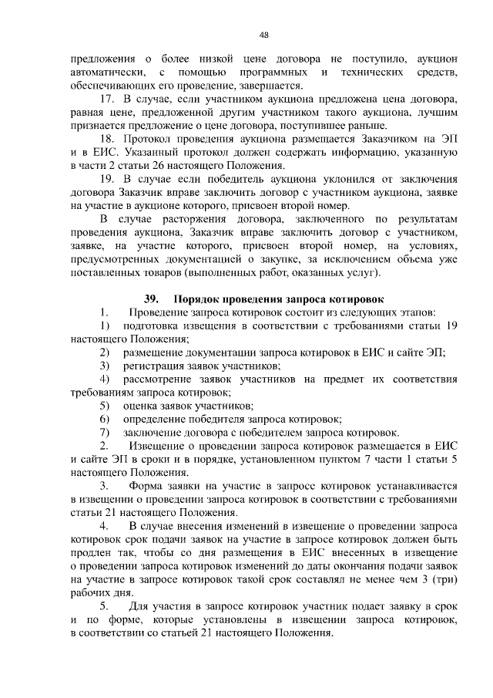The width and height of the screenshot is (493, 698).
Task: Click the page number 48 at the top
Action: [x=263, y=35]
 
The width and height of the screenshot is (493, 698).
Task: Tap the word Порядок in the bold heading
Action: [x=197, y=298]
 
